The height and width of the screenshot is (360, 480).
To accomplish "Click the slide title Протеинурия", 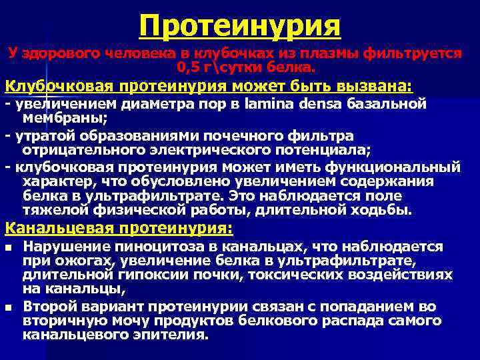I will coord(240,26).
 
